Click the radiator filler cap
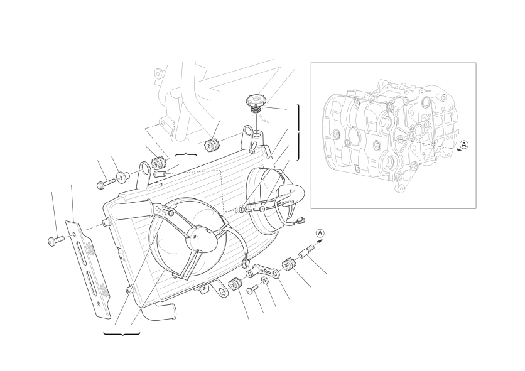coord(254,103)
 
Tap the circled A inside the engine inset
coord(463,144)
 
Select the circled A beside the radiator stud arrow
coord(320,233)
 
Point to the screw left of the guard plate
coord(56,241)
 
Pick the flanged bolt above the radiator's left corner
coord(105,183)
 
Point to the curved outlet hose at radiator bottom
coord(159,311)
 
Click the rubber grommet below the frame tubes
coord(211,144)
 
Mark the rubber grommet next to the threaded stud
coord(289,263)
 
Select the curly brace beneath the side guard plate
coord(122,333)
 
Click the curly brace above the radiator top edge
coord(186,154)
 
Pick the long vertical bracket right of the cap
coord(298,132)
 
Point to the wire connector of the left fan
coord(246,262)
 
